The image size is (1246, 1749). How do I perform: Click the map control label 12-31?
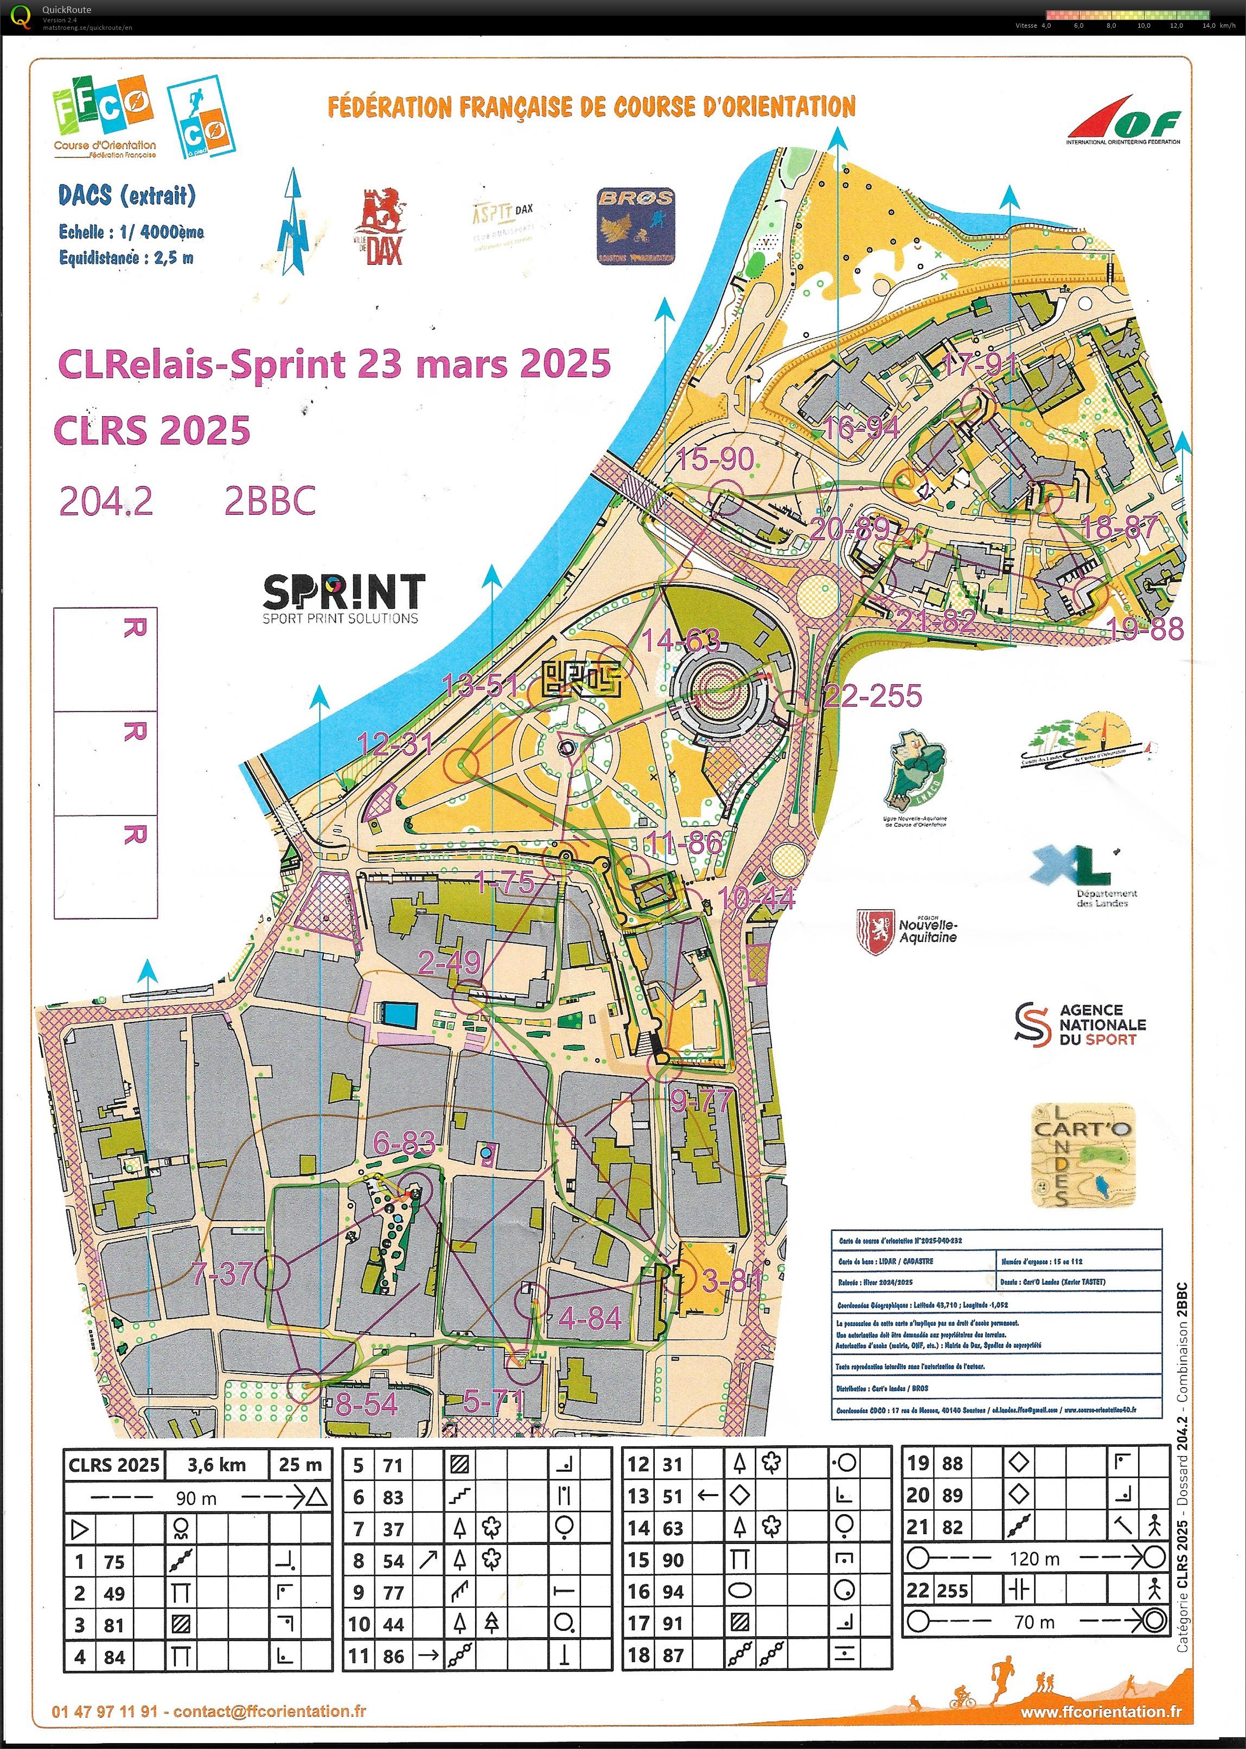(395, 743)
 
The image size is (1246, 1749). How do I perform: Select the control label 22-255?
(872, 696)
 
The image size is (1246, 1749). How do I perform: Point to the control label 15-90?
(715, 459)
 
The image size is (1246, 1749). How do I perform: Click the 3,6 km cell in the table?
(216, 1464)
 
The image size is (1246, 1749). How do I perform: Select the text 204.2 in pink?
(106, 502)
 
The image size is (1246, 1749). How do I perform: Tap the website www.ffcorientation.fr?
(1101, 1710)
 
